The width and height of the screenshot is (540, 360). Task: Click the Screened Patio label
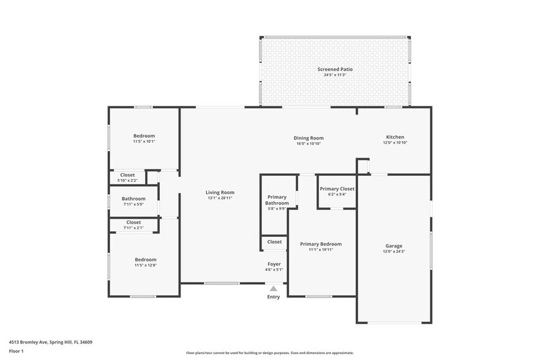335,69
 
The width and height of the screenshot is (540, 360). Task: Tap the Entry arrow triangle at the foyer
274,288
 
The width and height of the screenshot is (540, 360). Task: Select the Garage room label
394,246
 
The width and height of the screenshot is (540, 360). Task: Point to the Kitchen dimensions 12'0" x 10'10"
395,143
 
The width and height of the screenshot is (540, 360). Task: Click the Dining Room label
308,138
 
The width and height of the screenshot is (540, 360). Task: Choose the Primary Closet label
337,189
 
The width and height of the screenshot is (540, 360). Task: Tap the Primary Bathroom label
277,200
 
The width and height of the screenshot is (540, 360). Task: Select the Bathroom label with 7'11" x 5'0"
133,198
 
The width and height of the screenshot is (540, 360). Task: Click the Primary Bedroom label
321,244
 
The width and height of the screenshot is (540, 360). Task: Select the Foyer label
274,264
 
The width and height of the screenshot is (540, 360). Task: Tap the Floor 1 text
17,351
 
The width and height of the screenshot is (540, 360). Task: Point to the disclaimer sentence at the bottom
270,353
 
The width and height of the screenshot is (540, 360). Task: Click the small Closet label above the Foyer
275,242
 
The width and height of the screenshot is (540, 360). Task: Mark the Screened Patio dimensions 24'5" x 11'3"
335,75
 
